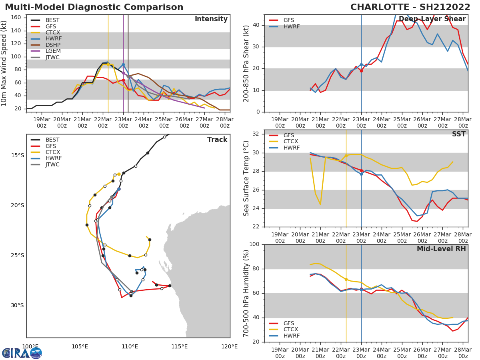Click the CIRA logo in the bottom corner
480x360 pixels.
[22, 353]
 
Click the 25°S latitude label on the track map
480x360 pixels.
[17, 256]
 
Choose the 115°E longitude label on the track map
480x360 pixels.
[179, 346]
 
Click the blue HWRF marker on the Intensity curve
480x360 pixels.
[123, 64]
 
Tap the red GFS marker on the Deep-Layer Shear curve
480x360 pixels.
[361, 71]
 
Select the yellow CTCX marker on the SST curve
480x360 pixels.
[346, 156]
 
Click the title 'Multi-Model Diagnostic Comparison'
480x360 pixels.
[94, 7]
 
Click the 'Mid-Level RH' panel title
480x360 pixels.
[441, 249]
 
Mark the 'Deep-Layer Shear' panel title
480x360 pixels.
[432, 19]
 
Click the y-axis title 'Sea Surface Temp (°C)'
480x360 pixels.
[246, 178]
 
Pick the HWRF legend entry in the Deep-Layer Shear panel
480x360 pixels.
[291, 26]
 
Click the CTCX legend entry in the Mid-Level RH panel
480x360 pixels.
[291, 330]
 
